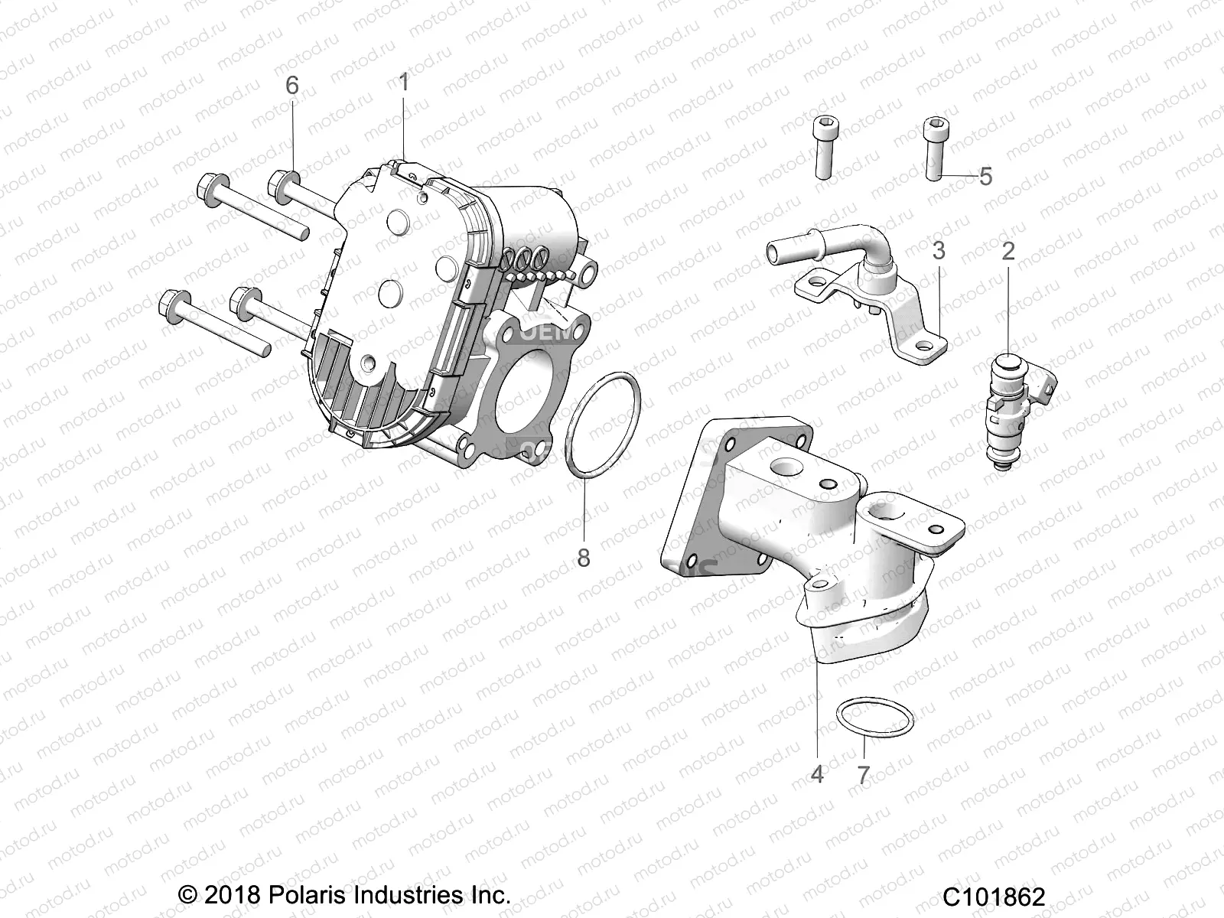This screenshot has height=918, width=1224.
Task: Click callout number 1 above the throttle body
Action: point(404,82)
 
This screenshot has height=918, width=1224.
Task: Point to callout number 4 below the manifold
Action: point(817,774)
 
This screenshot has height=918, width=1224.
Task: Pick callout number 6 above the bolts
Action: point(292,86)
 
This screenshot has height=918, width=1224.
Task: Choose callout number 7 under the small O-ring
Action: point(864,775)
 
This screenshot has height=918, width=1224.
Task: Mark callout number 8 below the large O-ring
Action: point(584,558)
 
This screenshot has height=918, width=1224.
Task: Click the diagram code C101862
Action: point(993,896)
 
